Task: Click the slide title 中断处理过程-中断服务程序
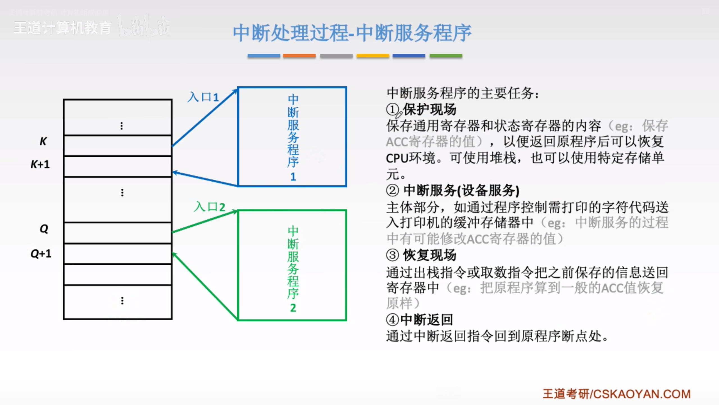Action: [x=352, y=33]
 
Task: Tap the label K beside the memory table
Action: [x=43, y=141]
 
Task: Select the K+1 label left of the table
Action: [x=40, y=164]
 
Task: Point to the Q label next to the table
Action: [x=44, y=229]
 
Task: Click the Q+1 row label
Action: [x=41, y=254]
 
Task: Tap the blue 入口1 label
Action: [x=203, y=97]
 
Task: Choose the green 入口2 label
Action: [x=210, y=207]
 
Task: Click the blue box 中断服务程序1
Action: [x=292, y=137]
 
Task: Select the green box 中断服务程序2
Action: [x=292, y=265]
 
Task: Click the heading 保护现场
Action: [x=430, y=109]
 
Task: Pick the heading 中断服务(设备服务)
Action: [x=461, y=190]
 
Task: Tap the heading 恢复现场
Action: [x=430, y=255]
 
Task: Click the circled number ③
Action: [x=392, y=255]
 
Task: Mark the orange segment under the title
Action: [x=299, y=56]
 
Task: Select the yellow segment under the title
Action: [x=373, y=56]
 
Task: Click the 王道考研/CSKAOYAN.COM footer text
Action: [x=616, y=394]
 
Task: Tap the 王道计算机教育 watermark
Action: [x=62, y=28]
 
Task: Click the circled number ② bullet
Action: [x=392, y=190]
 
